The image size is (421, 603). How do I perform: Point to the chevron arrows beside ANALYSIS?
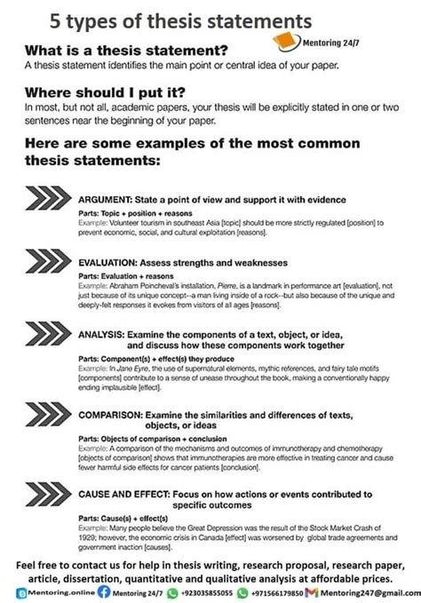click(x=50, y=335)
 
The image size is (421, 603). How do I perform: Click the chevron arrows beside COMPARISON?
click(x=50, y=415)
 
